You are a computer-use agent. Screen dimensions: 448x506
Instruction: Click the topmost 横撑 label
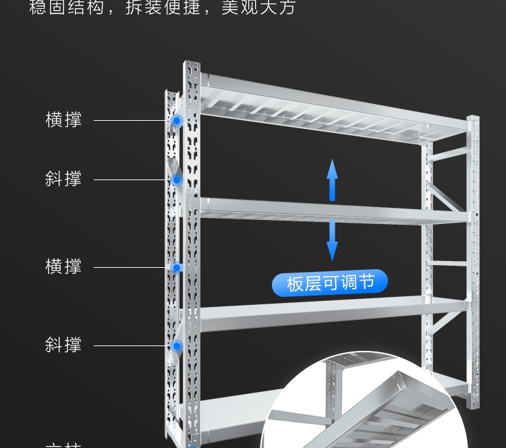point(63,120)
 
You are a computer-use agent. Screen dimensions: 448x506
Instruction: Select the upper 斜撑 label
point(63,179)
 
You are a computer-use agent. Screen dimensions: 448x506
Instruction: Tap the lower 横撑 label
point(63,267)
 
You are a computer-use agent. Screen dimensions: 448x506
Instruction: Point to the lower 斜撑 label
point(63,345)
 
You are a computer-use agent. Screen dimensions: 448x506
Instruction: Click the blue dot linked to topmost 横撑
point(177,121)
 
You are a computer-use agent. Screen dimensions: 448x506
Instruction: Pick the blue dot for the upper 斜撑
point(177,180)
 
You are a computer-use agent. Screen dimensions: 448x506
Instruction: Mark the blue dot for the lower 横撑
point(176,268)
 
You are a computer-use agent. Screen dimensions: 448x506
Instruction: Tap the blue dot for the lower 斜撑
point(177,346)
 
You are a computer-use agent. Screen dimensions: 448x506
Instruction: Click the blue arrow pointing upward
point(332,180)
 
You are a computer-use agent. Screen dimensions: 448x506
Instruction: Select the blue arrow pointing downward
point(332,240)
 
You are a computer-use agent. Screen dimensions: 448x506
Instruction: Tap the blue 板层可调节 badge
point(330,283)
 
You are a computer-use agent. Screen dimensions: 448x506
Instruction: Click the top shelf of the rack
point(324,108)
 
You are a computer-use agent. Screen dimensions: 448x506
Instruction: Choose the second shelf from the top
point(324,211)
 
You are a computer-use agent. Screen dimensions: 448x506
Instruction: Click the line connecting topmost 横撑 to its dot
point(132,121)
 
